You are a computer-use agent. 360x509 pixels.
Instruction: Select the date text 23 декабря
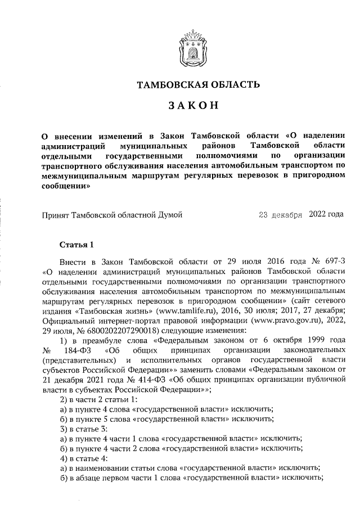click(280, 214)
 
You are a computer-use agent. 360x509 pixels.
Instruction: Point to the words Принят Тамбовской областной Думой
click(112, 214)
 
